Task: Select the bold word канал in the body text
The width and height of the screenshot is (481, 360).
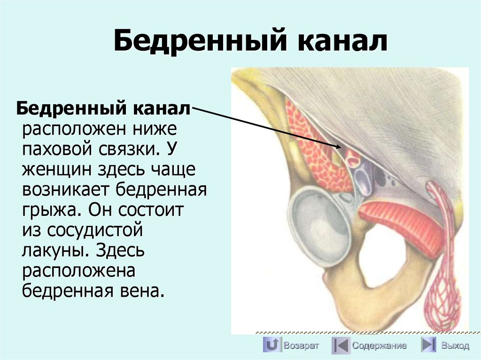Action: tap(163, 109)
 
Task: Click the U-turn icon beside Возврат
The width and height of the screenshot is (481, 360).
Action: tap(272, 345)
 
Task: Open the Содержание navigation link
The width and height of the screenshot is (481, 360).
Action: tap(380, 346)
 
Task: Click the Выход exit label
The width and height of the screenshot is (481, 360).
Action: tap(455, 346)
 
